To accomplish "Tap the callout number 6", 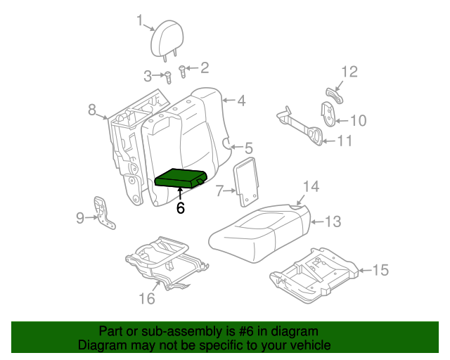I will [181, 208].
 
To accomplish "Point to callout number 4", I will [240, 101].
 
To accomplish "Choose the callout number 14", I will [311, 186].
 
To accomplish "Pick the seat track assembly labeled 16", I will [165, 262].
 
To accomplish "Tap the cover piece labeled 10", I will [328, 115].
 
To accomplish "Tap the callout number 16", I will [146, 299].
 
